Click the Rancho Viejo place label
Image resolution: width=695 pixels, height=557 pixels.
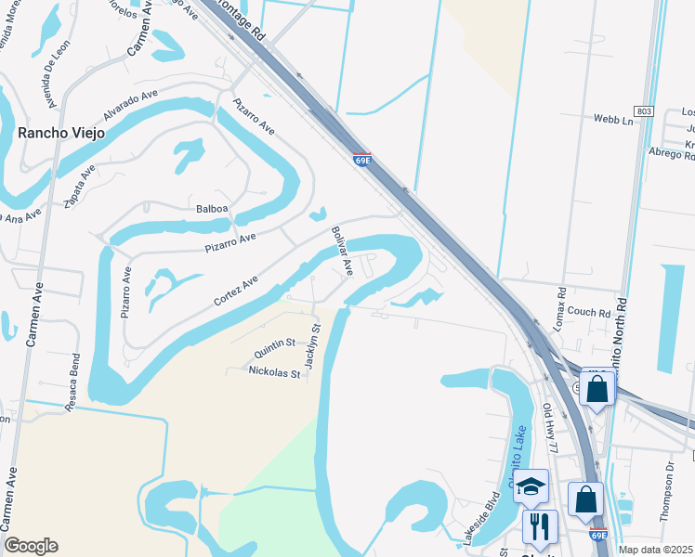(x=61, y=133)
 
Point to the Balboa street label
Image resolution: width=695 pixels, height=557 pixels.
(x=212, y=208)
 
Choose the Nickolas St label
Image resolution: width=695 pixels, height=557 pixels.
(x=274, y=372)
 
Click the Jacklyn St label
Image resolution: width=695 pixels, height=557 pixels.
(x=313, y=344)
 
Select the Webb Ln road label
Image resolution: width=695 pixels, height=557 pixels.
(x=613, y=120)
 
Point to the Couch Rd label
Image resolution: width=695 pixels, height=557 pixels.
(x=589, y=312)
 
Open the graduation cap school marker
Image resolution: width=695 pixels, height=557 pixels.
(x=531, y=486)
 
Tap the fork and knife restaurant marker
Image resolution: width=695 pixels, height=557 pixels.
(x=540, y=526)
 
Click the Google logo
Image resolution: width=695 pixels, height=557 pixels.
(x=31, y=546)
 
